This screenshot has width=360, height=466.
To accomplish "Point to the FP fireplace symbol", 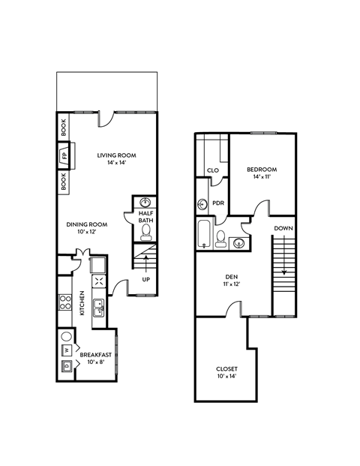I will click(64, 157).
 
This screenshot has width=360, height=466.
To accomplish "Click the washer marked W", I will click(66, 350).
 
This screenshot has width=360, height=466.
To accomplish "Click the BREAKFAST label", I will click(96, 355).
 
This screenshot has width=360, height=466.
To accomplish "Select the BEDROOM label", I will click(262, 170).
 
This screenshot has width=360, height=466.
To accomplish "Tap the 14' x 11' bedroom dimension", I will click(262, 177).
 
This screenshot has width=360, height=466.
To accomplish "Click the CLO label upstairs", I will click(212, 171).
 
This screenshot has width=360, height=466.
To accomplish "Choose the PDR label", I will click(219, 203).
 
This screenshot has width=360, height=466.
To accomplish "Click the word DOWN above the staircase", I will click(283, 228).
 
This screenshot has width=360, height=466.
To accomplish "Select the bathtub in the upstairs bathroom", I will click(203, 235).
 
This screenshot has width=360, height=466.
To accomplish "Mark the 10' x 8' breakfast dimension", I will click(96, 362).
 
